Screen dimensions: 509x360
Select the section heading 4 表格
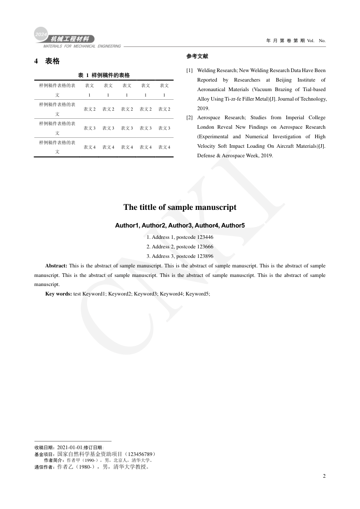coord(47,61)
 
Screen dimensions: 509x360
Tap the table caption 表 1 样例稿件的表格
coord(104,75)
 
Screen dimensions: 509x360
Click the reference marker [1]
coord(190,71)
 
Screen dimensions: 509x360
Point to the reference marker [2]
coord(190,118)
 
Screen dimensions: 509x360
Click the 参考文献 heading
coord(197,56)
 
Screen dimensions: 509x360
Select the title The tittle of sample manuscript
coord(180,207)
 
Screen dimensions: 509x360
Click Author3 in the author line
coord(180,225)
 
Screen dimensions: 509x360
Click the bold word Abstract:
coord(56,266)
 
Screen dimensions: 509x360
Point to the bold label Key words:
coord(58,294)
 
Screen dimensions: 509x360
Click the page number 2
coord(324,476)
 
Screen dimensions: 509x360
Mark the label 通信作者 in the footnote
coord(44,466)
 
